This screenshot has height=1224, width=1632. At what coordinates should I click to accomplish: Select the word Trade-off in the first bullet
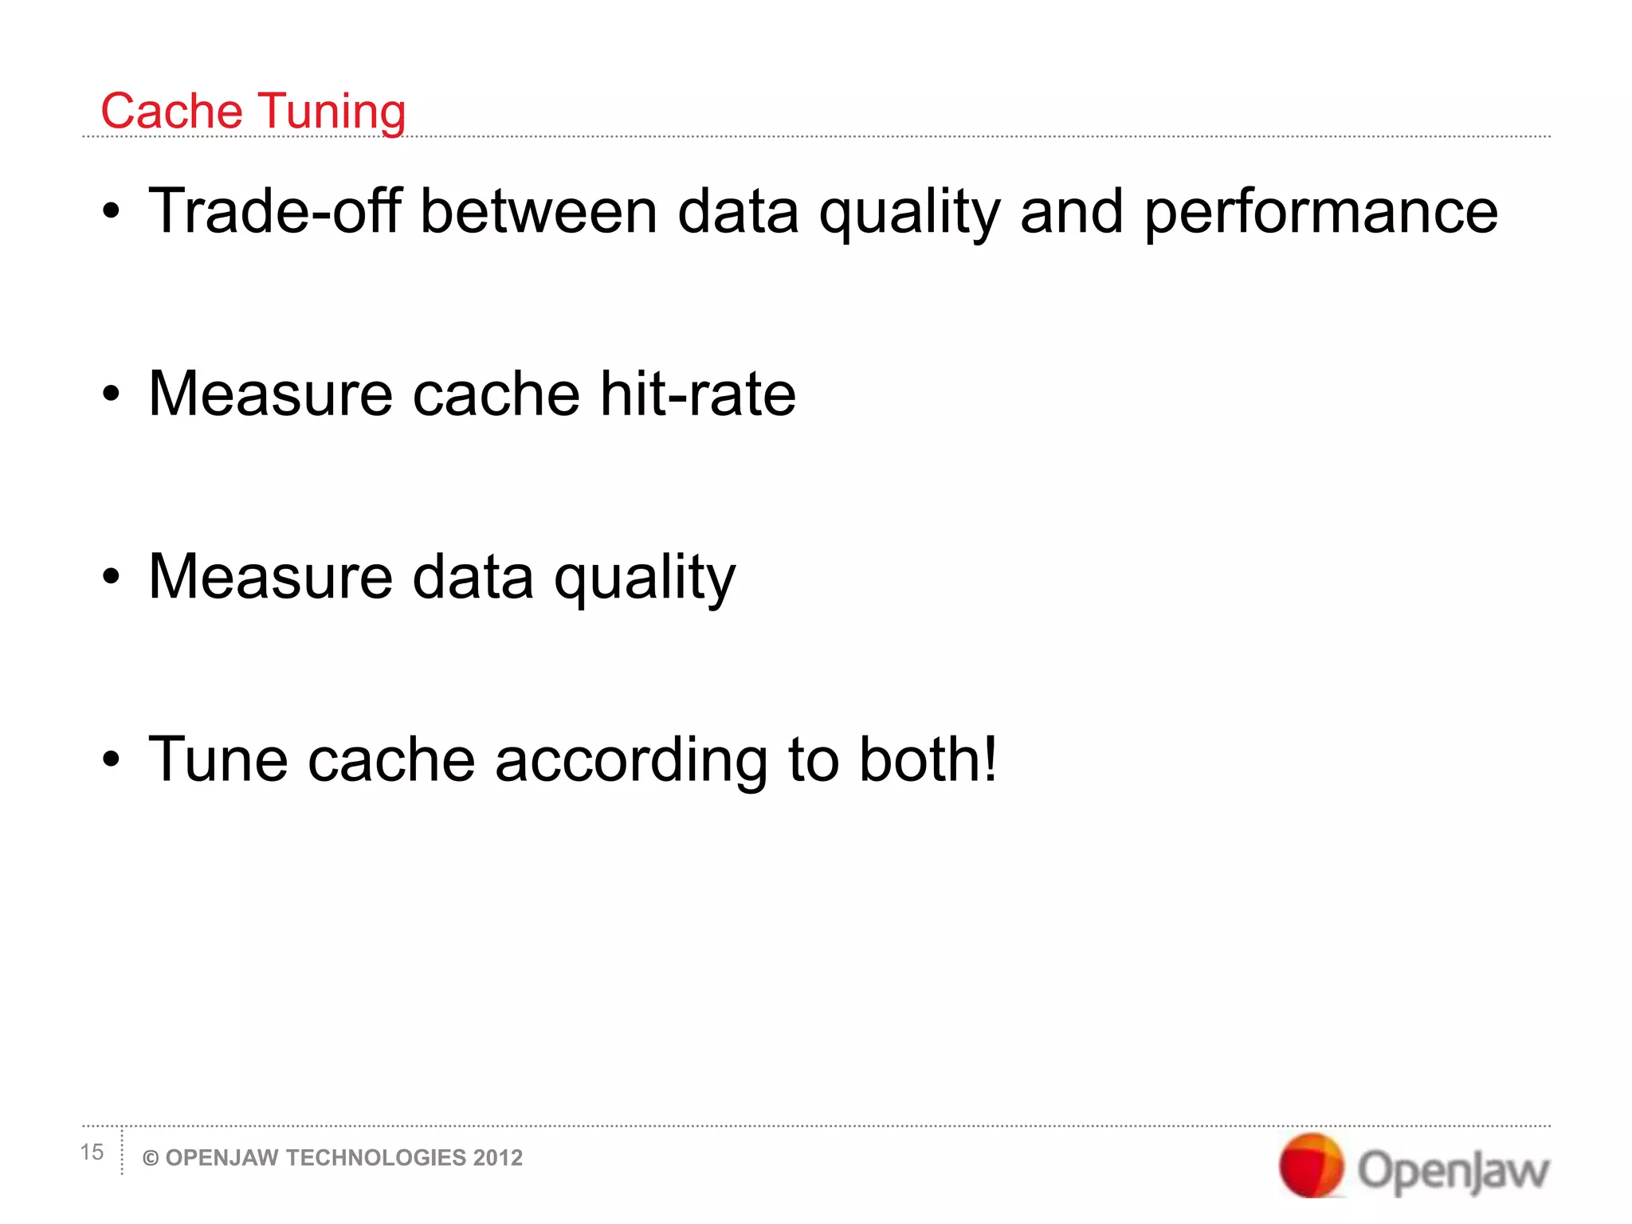point(275,210)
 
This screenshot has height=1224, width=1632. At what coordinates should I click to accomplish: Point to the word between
point(539,210)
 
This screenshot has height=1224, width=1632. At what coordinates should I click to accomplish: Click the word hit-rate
point(697,394)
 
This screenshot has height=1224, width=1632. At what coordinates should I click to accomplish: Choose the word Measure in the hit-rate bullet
point(270,394)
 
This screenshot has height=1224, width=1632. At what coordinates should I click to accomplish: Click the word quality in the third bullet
point(644,578)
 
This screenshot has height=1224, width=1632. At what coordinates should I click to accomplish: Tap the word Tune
point(218,759)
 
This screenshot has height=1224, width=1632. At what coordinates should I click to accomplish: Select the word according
point(631,761)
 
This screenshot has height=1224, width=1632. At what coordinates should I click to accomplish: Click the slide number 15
point(92,1152)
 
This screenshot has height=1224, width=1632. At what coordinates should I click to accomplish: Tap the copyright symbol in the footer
point(150,1159)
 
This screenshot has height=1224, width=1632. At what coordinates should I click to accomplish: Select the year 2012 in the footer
point(498,1158)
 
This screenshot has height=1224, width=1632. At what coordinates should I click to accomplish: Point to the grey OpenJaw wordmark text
point(1453,1171)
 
